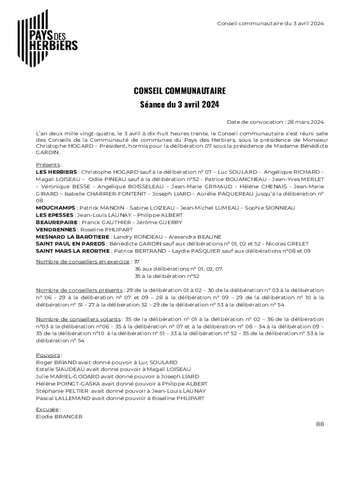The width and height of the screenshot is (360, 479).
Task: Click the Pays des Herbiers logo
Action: pyautogui.click(x=47, y=37)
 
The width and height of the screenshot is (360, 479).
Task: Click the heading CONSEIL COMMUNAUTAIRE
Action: pyautogui.click(x=180, y=90)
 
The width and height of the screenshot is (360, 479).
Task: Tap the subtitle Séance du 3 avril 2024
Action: pyautogui.click(x=180, y=104)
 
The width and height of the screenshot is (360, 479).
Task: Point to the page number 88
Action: pyautogui.click(x=320, y=424)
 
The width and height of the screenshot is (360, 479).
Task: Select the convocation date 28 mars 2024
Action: pyautogui.click(x=307, y=122)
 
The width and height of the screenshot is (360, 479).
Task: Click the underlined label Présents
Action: pyautogui.click(x=48, y=165)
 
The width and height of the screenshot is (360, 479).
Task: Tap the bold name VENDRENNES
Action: pyautogui.click(x=56, y=230)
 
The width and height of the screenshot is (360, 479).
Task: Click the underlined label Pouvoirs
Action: pyautogui.click(x=48, y=355)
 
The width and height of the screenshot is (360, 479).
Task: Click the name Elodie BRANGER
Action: pyautogui.click(x=59, y=416)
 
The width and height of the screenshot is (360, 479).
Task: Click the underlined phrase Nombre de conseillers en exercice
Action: pyautogui.click(x=83, y=261)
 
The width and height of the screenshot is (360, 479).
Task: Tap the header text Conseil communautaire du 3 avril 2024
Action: pyautogui.click(x=271, y=23)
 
